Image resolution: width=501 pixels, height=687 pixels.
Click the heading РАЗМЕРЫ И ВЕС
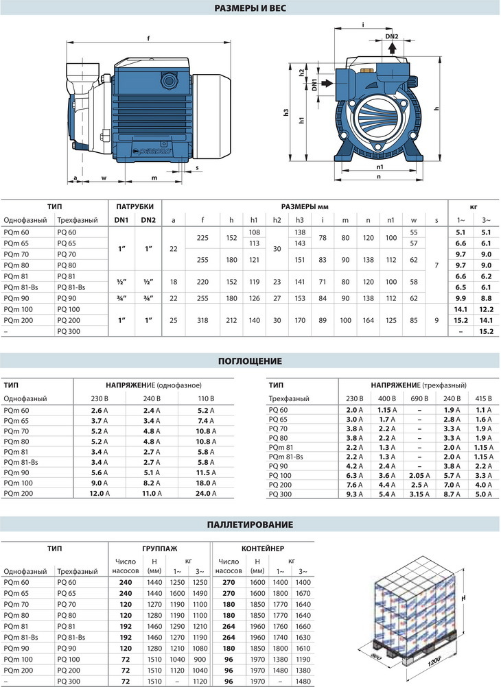[250, 8]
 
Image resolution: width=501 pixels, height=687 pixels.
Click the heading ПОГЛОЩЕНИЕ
[250, 361]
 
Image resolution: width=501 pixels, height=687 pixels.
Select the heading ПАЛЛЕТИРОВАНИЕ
[250, 525]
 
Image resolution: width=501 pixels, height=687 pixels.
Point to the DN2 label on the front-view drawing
[392, 36]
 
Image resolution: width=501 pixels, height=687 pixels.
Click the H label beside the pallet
[464, 599]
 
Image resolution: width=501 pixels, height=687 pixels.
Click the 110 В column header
[206, 398]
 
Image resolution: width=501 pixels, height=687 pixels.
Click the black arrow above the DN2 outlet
[392, 47]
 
